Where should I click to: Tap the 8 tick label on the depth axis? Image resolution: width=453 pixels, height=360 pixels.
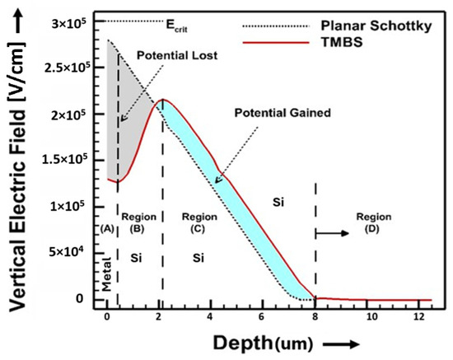coord(315,316)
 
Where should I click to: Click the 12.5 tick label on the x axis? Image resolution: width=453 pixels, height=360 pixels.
coord(421,316)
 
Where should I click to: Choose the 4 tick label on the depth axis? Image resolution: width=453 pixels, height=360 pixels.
coord(211,316)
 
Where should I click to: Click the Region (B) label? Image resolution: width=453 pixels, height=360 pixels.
coord(138,221)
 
